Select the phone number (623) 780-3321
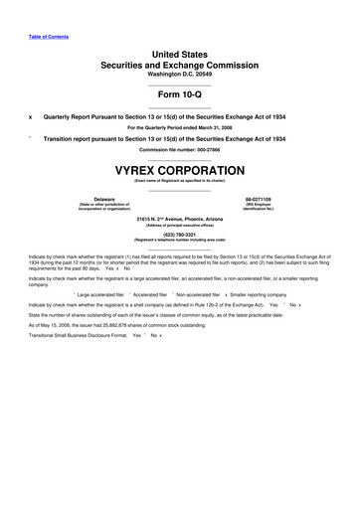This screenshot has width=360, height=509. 180,235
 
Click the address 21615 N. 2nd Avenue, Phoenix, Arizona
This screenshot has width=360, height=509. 180,218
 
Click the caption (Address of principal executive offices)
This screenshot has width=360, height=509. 180,225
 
